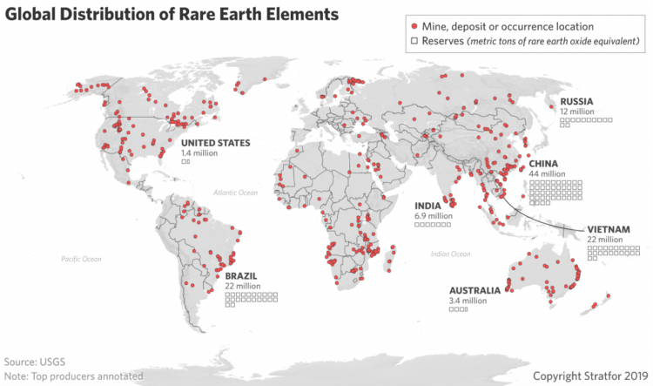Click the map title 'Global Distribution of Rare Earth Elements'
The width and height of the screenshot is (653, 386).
pos(172,15)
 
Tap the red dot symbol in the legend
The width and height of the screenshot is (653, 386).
pos(413,27)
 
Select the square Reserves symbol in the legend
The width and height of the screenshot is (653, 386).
pos(413,41)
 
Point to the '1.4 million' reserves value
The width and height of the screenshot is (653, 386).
pos(200,152)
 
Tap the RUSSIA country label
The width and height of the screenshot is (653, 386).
pos(577,101)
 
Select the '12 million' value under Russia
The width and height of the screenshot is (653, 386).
pos(577,112)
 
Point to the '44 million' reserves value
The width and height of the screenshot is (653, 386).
pos(547,174)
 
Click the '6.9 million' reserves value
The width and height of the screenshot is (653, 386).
pos(433,216)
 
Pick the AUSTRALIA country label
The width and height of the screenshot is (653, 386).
pos(475,290)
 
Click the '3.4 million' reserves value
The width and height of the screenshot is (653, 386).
pos(468,301)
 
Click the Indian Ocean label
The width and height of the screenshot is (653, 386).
pos(450,254)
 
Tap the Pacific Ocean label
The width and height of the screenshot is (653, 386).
pos(81,259)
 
